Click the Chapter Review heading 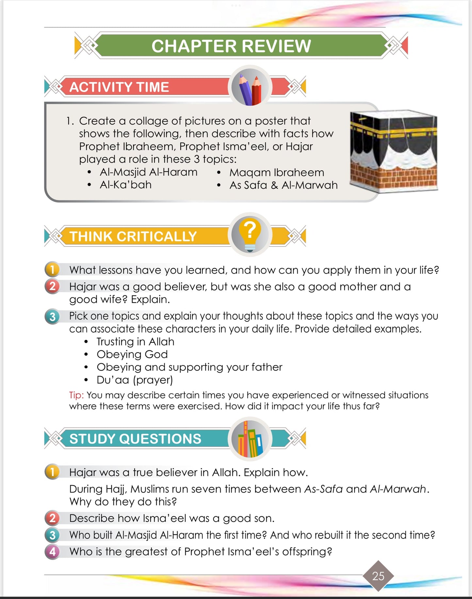(x=231, y=46)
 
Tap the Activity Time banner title (x=119, y=87)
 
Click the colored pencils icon (x=250, y=87)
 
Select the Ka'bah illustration (x=393, y=151)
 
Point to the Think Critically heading (x=133, y=236)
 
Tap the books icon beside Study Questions (x=250, y=439)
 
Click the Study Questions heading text (x=135, y=439)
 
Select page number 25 (x=378, y=576)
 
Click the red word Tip (x=76, y=395)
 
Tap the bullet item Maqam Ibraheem (x=277, y=172)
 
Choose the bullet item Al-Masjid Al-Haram (x=149, y=172)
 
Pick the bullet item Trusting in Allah (x=135, y=341)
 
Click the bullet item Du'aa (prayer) (x=135, y=380)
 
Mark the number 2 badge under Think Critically (x=52, y=286)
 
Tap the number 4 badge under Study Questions (x=52, y=552)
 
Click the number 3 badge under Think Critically (x=52, y=316)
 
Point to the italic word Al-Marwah (x=398, y=489)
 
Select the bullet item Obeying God (x=132, y=354)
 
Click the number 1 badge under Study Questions (x=52, y=472)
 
